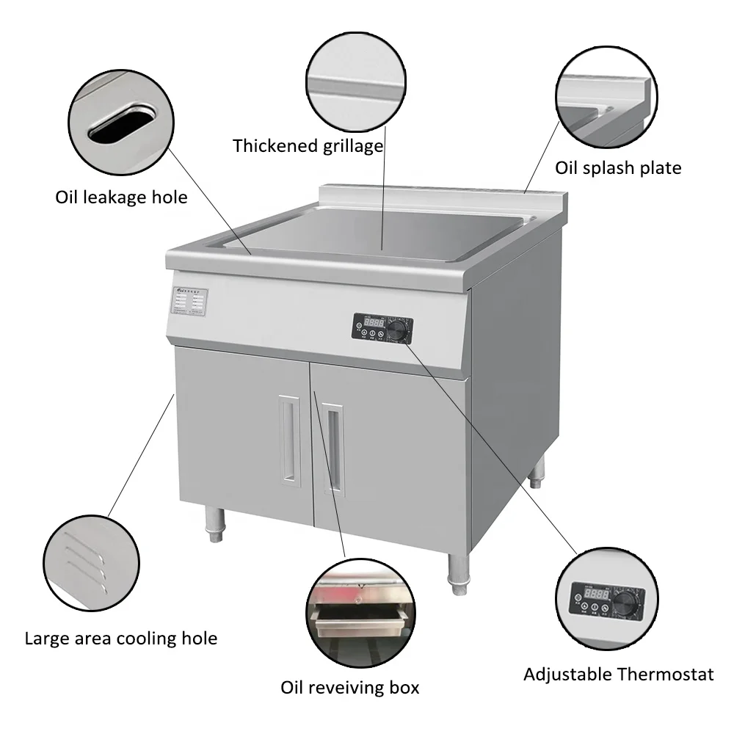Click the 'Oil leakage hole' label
coord(121,197)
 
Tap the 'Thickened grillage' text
coord(308,145)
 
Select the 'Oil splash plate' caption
coord(618,168)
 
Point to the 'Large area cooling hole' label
coord(121,638)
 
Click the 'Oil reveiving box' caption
coord(350,688)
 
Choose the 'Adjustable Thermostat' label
coord(618,674)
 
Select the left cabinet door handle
coord(289,438)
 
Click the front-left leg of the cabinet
coord(214,526)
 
